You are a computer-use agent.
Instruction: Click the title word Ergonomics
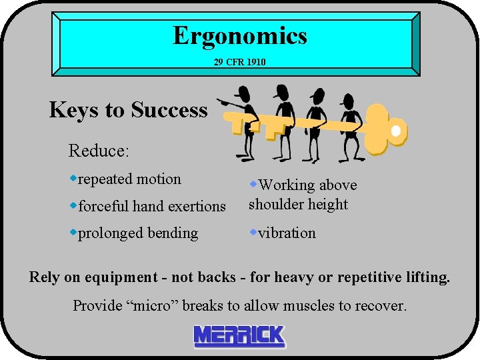pos(240,35)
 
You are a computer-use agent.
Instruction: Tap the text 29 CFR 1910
pos(239,62)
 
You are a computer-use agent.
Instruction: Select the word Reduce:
pos(99,151)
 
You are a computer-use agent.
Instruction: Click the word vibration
pos(287,233)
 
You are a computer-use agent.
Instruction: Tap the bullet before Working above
pos(253,183)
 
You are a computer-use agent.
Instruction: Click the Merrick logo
pos(239,337)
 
